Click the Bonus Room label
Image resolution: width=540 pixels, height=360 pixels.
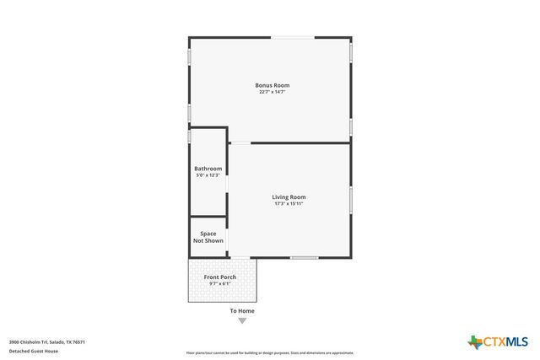coord(278,85)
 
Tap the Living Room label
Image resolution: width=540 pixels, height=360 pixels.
coord(289,197)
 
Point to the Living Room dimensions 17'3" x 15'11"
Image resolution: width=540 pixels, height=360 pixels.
coord(289,203)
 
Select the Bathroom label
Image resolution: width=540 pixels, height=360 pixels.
coord(208,169)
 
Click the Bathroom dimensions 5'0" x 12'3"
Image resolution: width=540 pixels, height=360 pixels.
coord(208,175)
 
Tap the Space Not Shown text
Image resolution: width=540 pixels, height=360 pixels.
coord(208,237)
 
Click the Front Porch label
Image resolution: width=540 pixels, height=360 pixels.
coord(220,277)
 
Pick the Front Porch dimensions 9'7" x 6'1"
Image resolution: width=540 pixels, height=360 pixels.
coord(220,283)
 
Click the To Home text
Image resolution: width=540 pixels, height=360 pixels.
coord(242,311)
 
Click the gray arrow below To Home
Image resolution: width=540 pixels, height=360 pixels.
coord(242,320)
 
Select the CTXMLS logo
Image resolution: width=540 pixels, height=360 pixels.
coord(498,341)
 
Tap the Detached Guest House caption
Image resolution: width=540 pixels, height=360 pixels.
coord(34,351)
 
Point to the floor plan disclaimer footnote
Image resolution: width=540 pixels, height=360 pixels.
coord(270,353)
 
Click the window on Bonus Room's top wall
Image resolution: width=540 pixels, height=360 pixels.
coord(294,37)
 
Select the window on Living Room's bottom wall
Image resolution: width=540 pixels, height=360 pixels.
coord(304,257)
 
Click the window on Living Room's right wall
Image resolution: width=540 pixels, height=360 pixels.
coord(350,200)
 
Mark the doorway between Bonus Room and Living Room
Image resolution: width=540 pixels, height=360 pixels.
coord(240,142)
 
